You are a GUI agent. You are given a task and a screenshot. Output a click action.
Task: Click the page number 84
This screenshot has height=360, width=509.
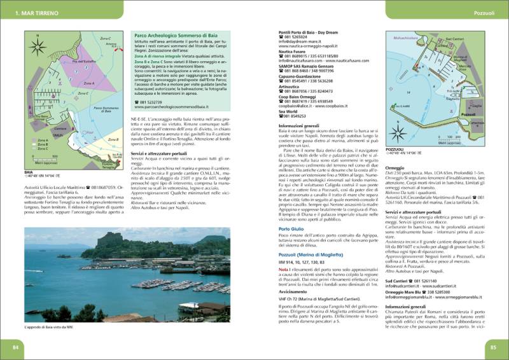(x=15, y=347)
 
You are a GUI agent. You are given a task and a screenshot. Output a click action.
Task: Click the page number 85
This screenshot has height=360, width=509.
(x=493, y=347)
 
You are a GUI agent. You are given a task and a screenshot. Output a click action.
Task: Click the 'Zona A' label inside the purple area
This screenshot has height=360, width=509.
(x=89, y=83)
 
